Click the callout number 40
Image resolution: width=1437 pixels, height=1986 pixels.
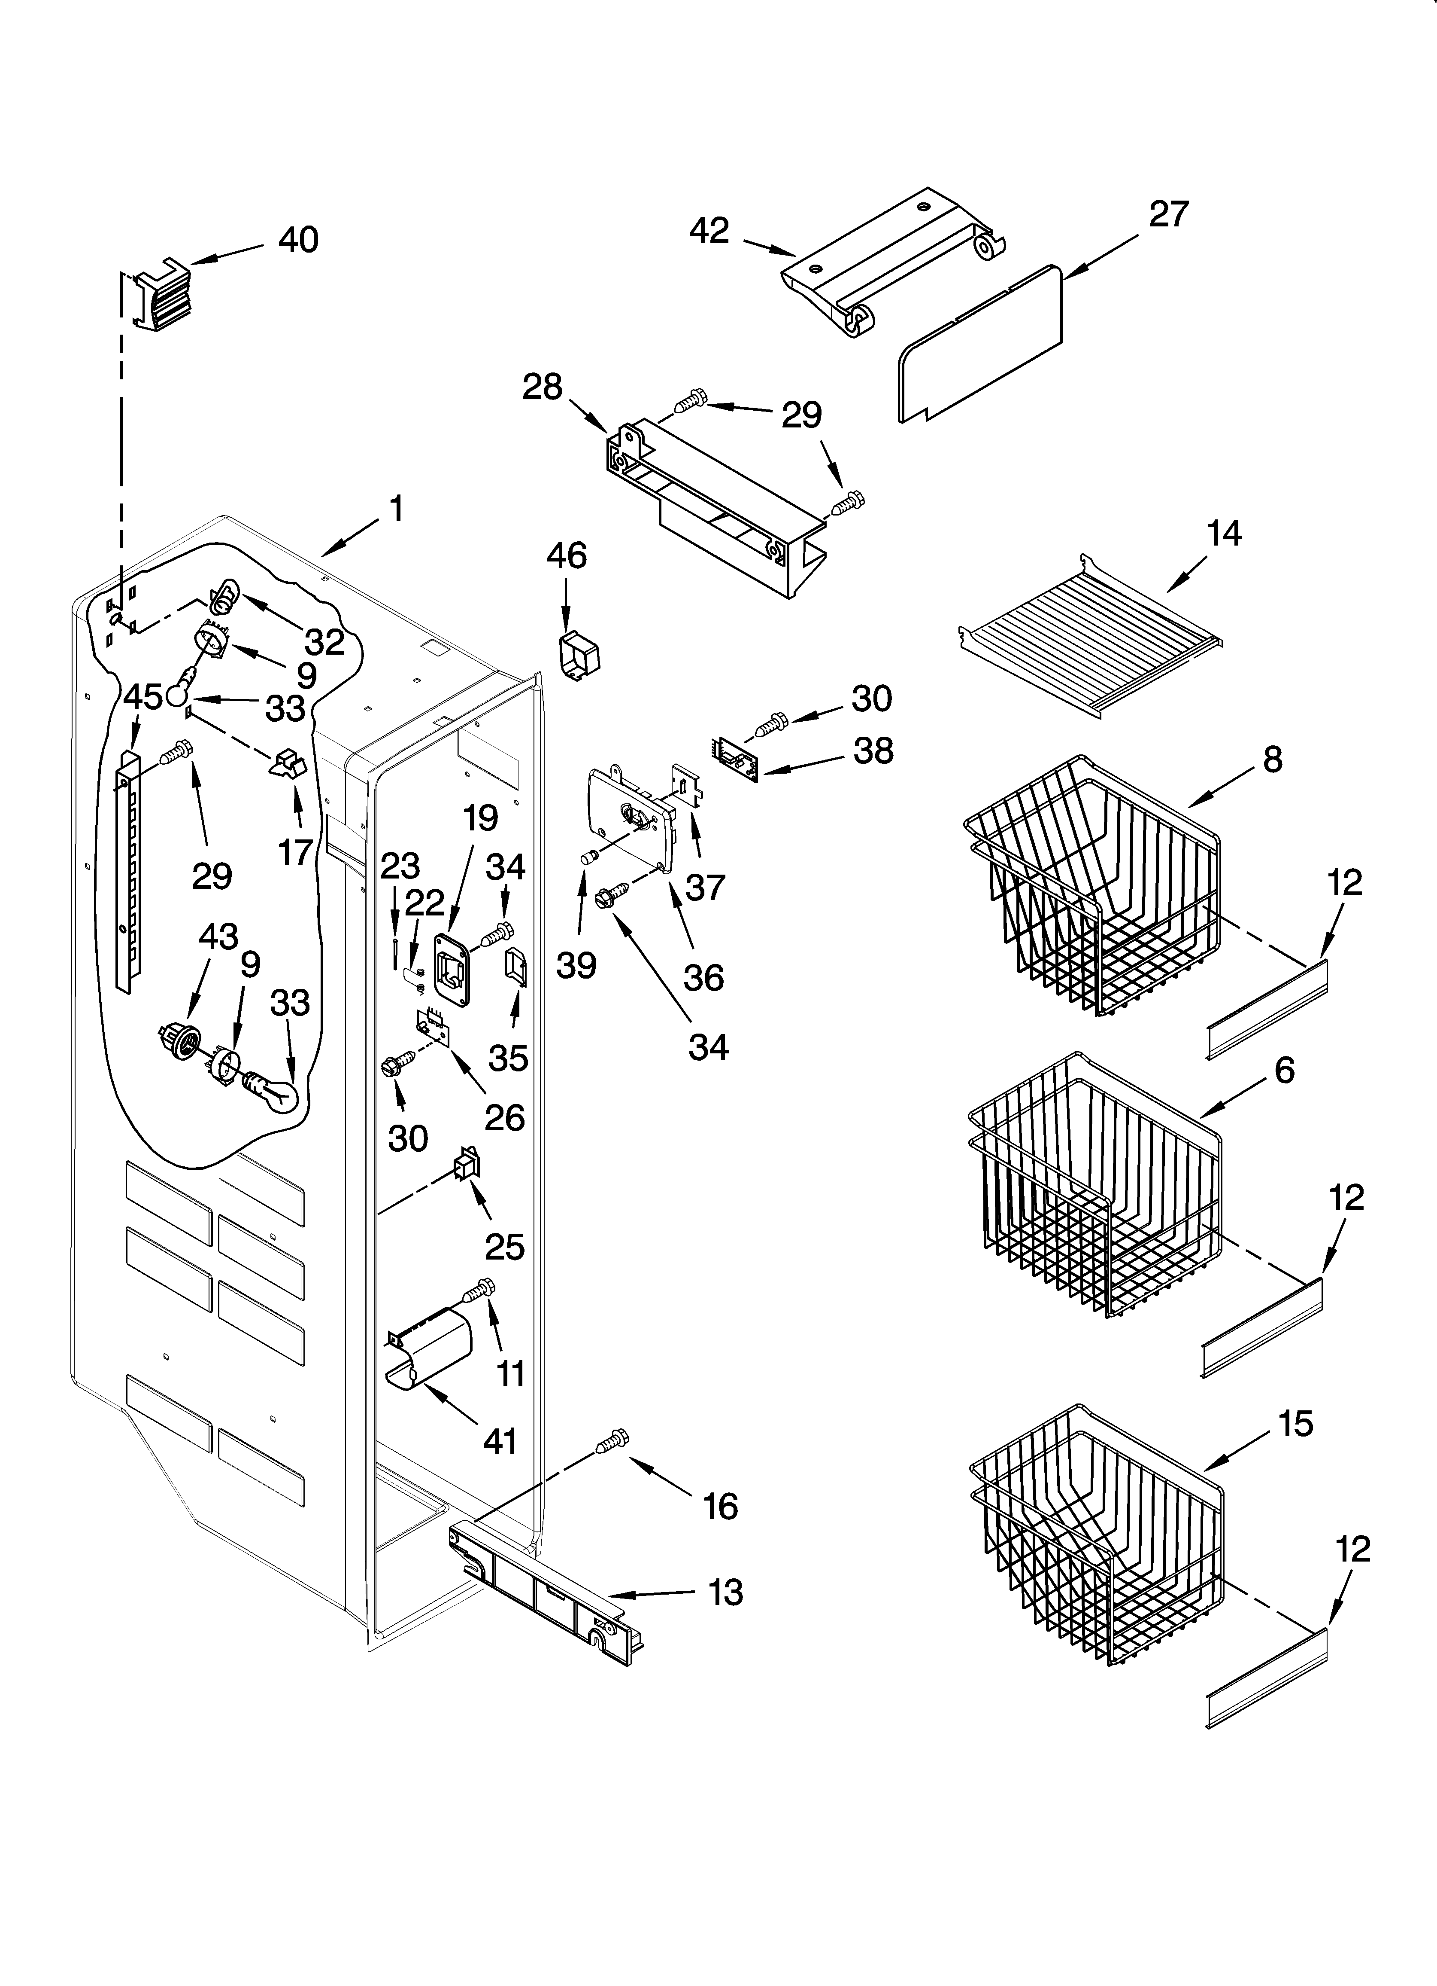tap(298, 240)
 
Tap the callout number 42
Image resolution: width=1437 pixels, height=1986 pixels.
tap(709, 231)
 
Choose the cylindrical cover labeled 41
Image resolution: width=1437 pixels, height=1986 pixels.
tap(429, 1353)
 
